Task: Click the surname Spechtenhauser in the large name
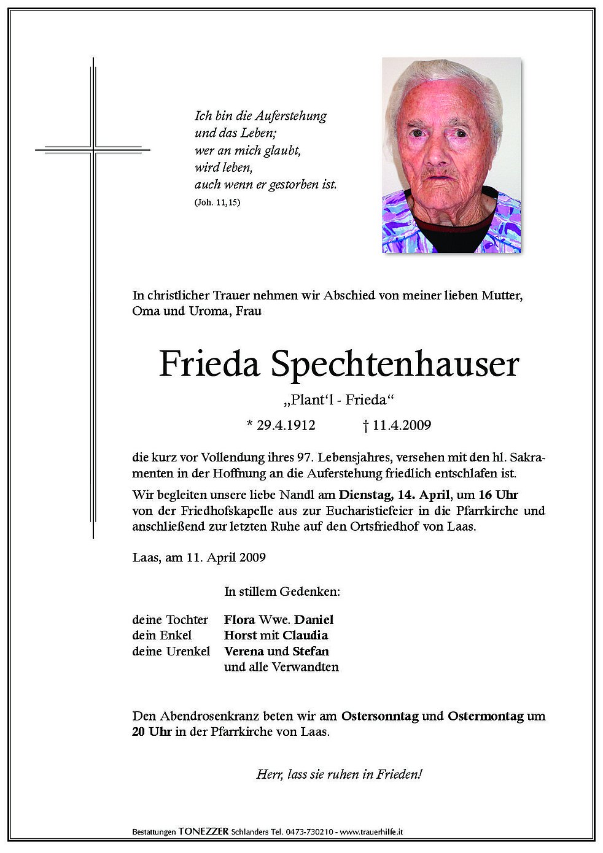(x=395, y=365)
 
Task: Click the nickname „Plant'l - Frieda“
(x=339, y=400)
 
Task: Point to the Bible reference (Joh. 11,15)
(x=217, y=203)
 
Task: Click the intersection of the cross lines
(x=93, y=149)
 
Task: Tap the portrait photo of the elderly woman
(x=451, y=155)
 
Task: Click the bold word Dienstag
(x=364, y=495)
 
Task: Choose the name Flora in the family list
(x=239, y=620)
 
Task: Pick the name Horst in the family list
(x=240, y=635)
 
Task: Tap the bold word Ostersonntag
(x=380, y=716)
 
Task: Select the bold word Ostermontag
(x=486, y=716)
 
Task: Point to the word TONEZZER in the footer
(x=204, y=832)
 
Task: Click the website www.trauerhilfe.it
(x=371, y=832)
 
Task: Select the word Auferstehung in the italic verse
(x=290, y=116)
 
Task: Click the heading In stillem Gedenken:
(x=282, y=592)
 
